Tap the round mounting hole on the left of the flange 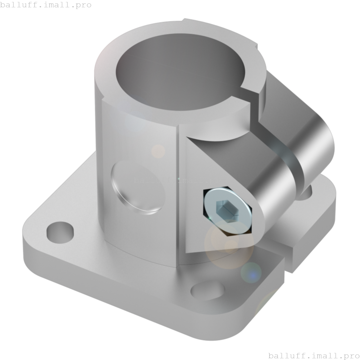60,232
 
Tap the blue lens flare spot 252,273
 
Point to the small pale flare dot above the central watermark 158,151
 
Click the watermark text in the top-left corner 46,5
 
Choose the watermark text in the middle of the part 179,180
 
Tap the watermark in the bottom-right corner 314,355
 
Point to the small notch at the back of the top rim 184,20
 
